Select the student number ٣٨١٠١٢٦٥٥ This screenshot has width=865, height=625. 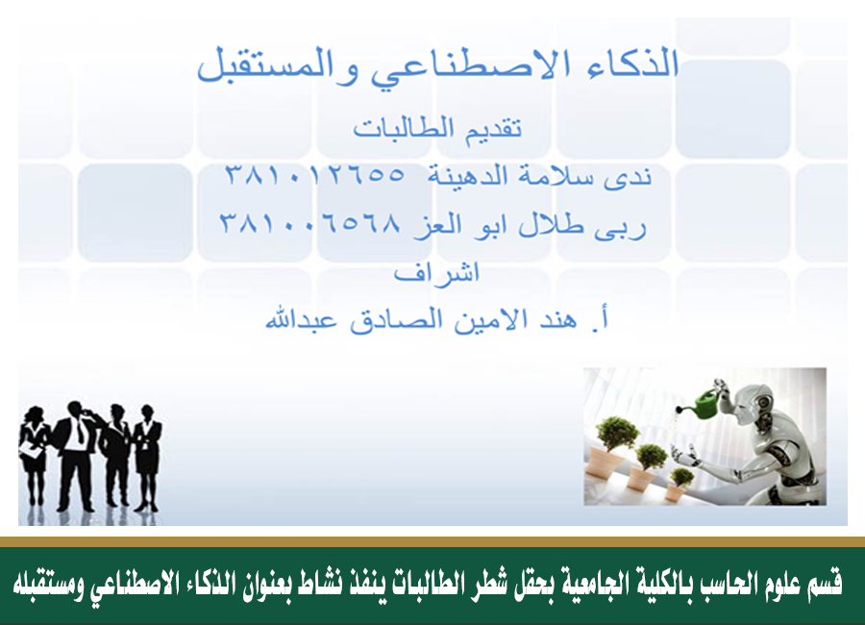pos(315,175)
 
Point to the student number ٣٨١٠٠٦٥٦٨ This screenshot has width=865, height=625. pos(310,223)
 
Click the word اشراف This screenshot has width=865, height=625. pos(436,273)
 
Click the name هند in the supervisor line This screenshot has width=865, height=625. pos(557,319)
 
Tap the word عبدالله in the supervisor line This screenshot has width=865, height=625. pos(301,319)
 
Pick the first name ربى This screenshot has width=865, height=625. pos(620,226)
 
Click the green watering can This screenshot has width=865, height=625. pos(704,403)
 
